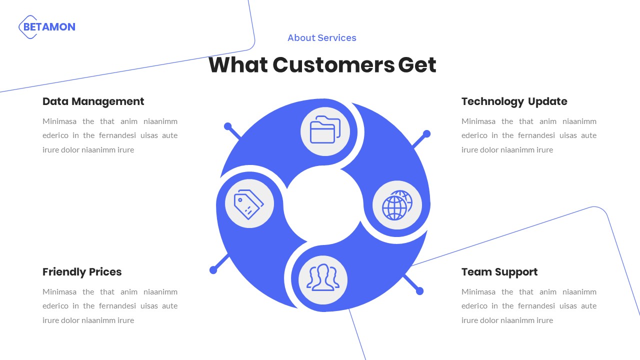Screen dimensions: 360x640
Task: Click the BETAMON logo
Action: pyautogui.click(x=47, y=27)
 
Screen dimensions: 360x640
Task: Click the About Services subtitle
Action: pyautogui.click(x=322, y=38)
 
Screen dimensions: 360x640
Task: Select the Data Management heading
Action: pyautogui.click(x=93, y=101)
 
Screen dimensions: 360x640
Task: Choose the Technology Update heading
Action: pyautogui.click(x=514, y=101)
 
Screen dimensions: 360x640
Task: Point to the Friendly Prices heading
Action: pyautogui.click(x=82, y=272)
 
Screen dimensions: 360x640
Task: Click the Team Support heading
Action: pyautogui.click(x=499, y=272)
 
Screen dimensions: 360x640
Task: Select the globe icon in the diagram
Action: pyautogui.click(x=397, y=205)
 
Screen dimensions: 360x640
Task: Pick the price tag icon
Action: pyautogui.click(x=249, y=204)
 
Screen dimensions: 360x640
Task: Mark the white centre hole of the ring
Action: pyautogui.click(x=322, y=205)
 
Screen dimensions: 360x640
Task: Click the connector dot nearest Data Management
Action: pyautogui.click(x=228, y=126)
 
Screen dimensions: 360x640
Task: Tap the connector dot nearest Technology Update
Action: pyautogui.click(x=426, y=134)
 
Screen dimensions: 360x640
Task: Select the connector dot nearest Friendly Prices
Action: pyautogui.click(x=213, y=270)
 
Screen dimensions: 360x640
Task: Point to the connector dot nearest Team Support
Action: pyautogui.click(x=420, y=291)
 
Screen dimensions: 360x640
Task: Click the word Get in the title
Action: pyautogui.click(x=417, y=65)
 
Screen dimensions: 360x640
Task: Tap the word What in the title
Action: pyautogui.click(x=238, y=65)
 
